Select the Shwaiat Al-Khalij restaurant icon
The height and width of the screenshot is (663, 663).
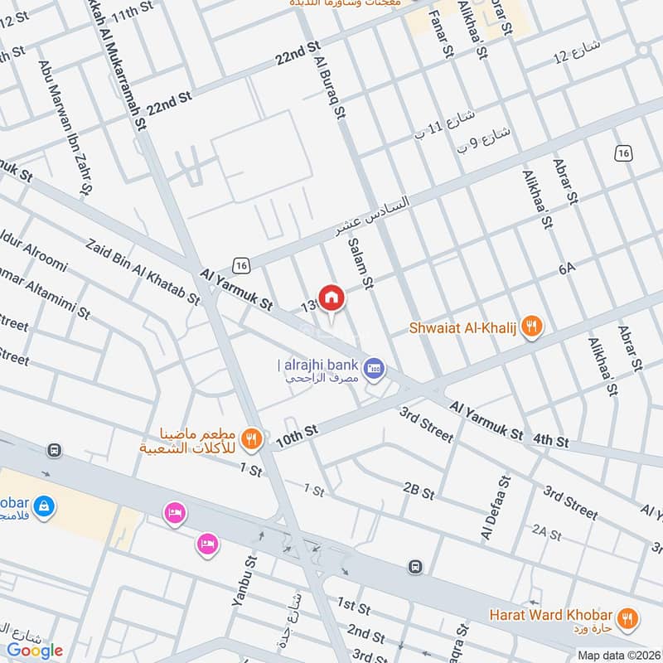pos(532,328)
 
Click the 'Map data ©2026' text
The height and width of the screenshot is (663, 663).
pos(617,655)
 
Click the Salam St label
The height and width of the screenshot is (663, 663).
pos(359,261)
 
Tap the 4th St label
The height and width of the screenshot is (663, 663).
pos(550,441)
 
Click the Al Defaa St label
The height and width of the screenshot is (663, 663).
pos(495,508)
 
